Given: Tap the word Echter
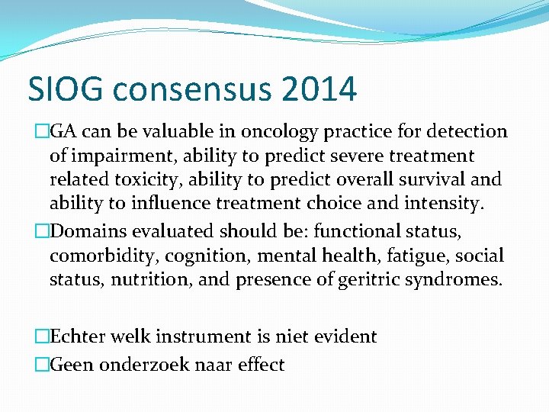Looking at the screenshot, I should pos(78,336).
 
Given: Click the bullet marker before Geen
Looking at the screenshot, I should pos(41,365).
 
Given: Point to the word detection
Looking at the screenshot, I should pos(464,131).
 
